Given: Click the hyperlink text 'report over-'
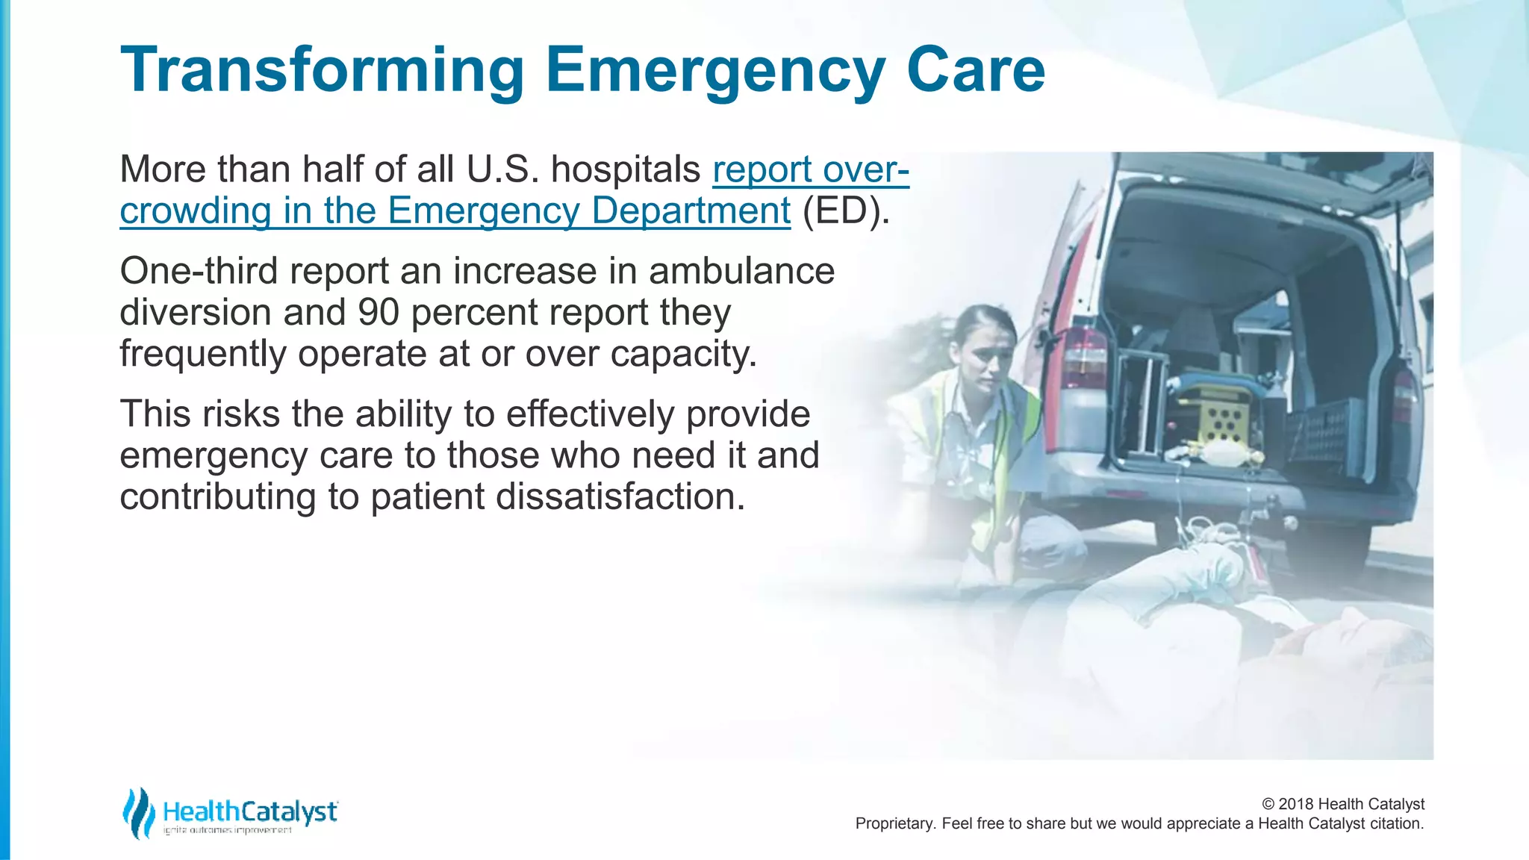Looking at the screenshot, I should click(x=811, y=169).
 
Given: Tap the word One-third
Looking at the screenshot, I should click(x=199, y=270).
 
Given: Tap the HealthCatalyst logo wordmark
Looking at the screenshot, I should click(x=250, y=811).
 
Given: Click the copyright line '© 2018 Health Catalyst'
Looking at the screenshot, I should click(x=1342, y=804).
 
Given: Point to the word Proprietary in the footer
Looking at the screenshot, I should click(x=894, y=823).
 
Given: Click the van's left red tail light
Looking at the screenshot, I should click(x=1084, y=358).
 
